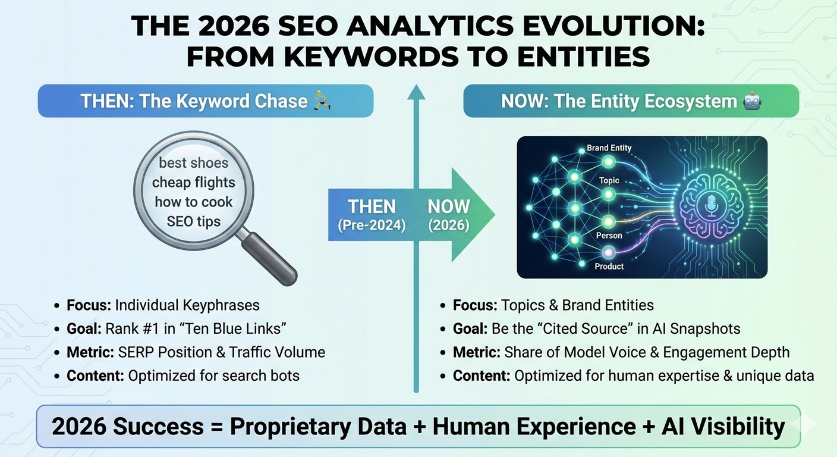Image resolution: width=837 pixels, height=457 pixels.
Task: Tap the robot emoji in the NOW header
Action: [x=751, y=101]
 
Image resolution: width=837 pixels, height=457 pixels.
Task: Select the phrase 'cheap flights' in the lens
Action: [x=194, y=182]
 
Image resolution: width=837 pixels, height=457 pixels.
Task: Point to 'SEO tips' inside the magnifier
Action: [x=194, y=221]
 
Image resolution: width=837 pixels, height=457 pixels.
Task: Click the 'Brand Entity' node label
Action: [x=609, y=148]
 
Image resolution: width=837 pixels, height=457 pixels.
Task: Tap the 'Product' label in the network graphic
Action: [x=609, y=266]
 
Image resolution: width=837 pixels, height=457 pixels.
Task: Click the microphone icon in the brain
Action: [x=712, y=206]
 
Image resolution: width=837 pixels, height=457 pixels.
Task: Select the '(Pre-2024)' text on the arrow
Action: [x=372, y=226]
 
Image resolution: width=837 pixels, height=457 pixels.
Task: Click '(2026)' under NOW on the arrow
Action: [x=449, y=226]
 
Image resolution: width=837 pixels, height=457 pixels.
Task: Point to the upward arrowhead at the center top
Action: [x=416, y=92]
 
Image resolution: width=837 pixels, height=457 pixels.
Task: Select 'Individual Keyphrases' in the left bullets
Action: [x=187, y=305]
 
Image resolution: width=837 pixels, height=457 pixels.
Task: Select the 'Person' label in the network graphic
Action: [x=609, y=236]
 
